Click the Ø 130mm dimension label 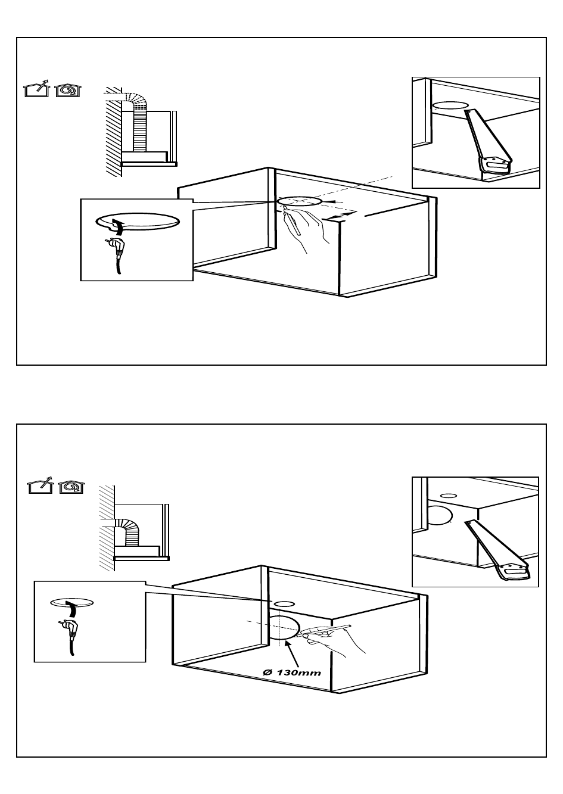[292, 672]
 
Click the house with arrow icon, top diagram [36, 89]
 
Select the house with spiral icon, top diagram [67, 89]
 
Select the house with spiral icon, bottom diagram [70, 487]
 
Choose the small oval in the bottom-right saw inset [447, 495]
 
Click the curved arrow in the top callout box [119, 227]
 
